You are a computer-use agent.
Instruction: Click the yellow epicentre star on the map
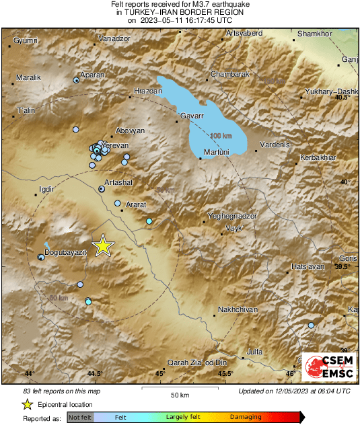(102, 245)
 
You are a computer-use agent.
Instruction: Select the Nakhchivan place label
(238, 310)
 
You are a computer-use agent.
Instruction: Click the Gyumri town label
(26, 41)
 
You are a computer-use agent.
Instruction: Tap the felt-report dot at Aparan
(77, 80)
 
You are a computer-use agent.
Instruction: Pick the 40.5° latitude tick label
(343, 98)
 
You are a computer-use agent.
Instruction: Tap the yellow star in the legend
(27, 404)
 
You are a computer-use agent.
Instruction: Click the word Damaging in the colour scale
(246, 418)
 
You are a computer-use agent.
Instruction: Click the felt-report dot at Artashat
(102, 190)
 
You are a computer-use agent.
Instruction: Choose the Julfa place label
(254, 351)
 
